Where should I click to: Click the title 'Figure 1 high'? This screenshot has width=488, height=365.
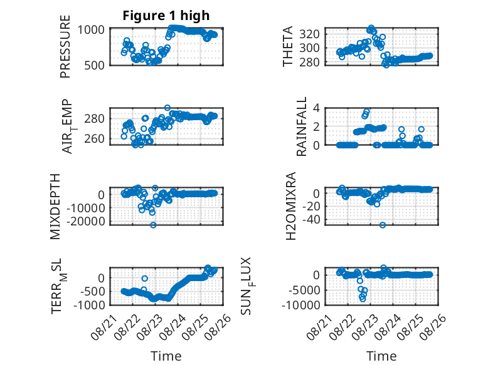click(x=166, y=16)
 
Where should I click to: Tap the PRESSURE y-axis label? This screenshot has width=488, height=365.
click(x=65, y=46)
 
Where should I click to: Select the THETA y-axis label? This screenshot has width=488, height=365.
click(x=287, y=46)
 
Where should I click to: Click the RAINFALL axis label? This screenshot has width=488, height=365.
click(x=302, y=126)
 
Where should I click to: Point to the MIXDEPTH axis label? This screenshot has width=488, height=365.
click(x=55, y=207)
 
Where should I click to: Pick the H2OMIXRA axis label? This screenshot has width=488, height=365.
click(x=290, y=206)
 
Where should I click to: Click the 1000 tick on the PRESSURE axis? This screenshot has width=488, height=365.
click(x=91, y=30)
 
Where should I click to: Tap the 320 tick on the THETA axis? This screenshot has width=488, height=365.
click(x=309, y=34)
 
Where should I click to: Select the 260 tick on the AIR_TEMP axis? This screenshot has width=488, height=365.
click(x=94, y=138)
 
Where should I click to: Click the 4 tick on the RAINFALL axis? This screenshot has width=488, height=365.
click(x=316, y=108)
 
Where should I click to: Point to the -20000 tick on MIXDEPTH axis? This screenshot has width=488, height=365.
click(x=85, y=222)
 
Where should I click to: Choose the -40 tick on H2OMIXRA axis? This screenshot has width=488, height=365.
click(x=311, y=220)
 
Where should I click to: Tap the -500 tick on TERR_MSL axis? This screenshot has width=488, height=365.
click(x=92, y=292)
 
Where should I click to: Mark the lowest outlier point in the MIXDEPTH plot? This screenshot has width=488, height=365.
click(x=153, y=225)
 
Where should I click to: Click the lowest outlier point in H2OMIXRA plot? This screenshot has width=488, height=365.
click(x=383, y=225)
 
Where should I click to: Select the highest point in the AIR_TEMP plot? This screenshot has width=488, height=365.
click(x=167, y=108)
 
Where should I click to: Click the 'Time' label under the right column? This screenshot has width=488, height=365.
click(x=381, y=356)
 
